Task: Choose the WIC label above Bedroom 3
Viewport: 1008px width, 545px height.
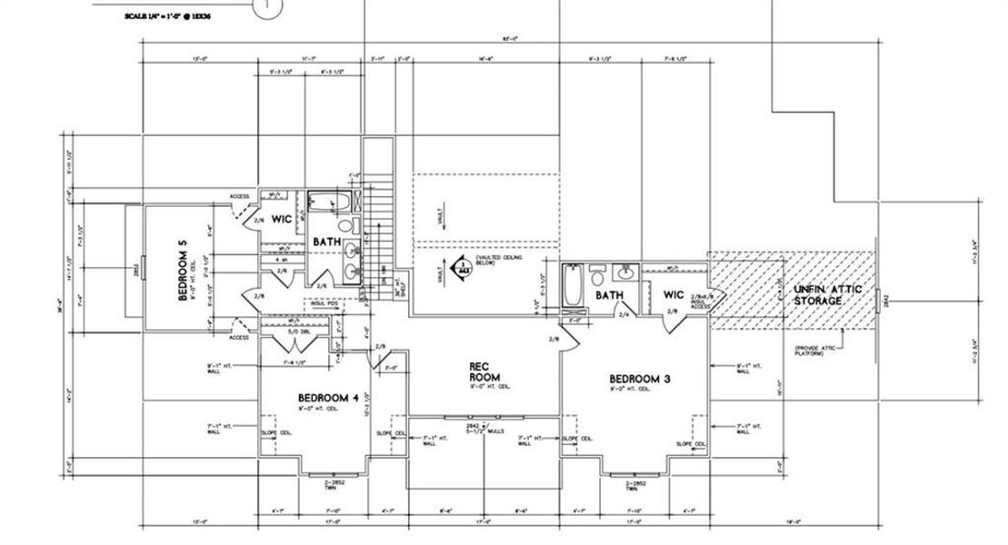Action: click(x=674, y=294)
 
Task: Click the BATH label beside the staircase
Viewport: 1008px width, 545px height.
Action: click(x=327, y=243)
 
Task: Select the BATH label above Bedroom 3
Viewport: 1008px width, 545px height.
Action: click(x=608, y=295)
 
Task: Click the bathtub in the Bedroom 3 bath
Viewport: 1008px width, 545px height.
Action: click(x=571, y=289)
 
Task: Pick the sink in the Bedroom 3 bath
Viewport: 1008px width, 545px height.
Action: click(x=628, y=272)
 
